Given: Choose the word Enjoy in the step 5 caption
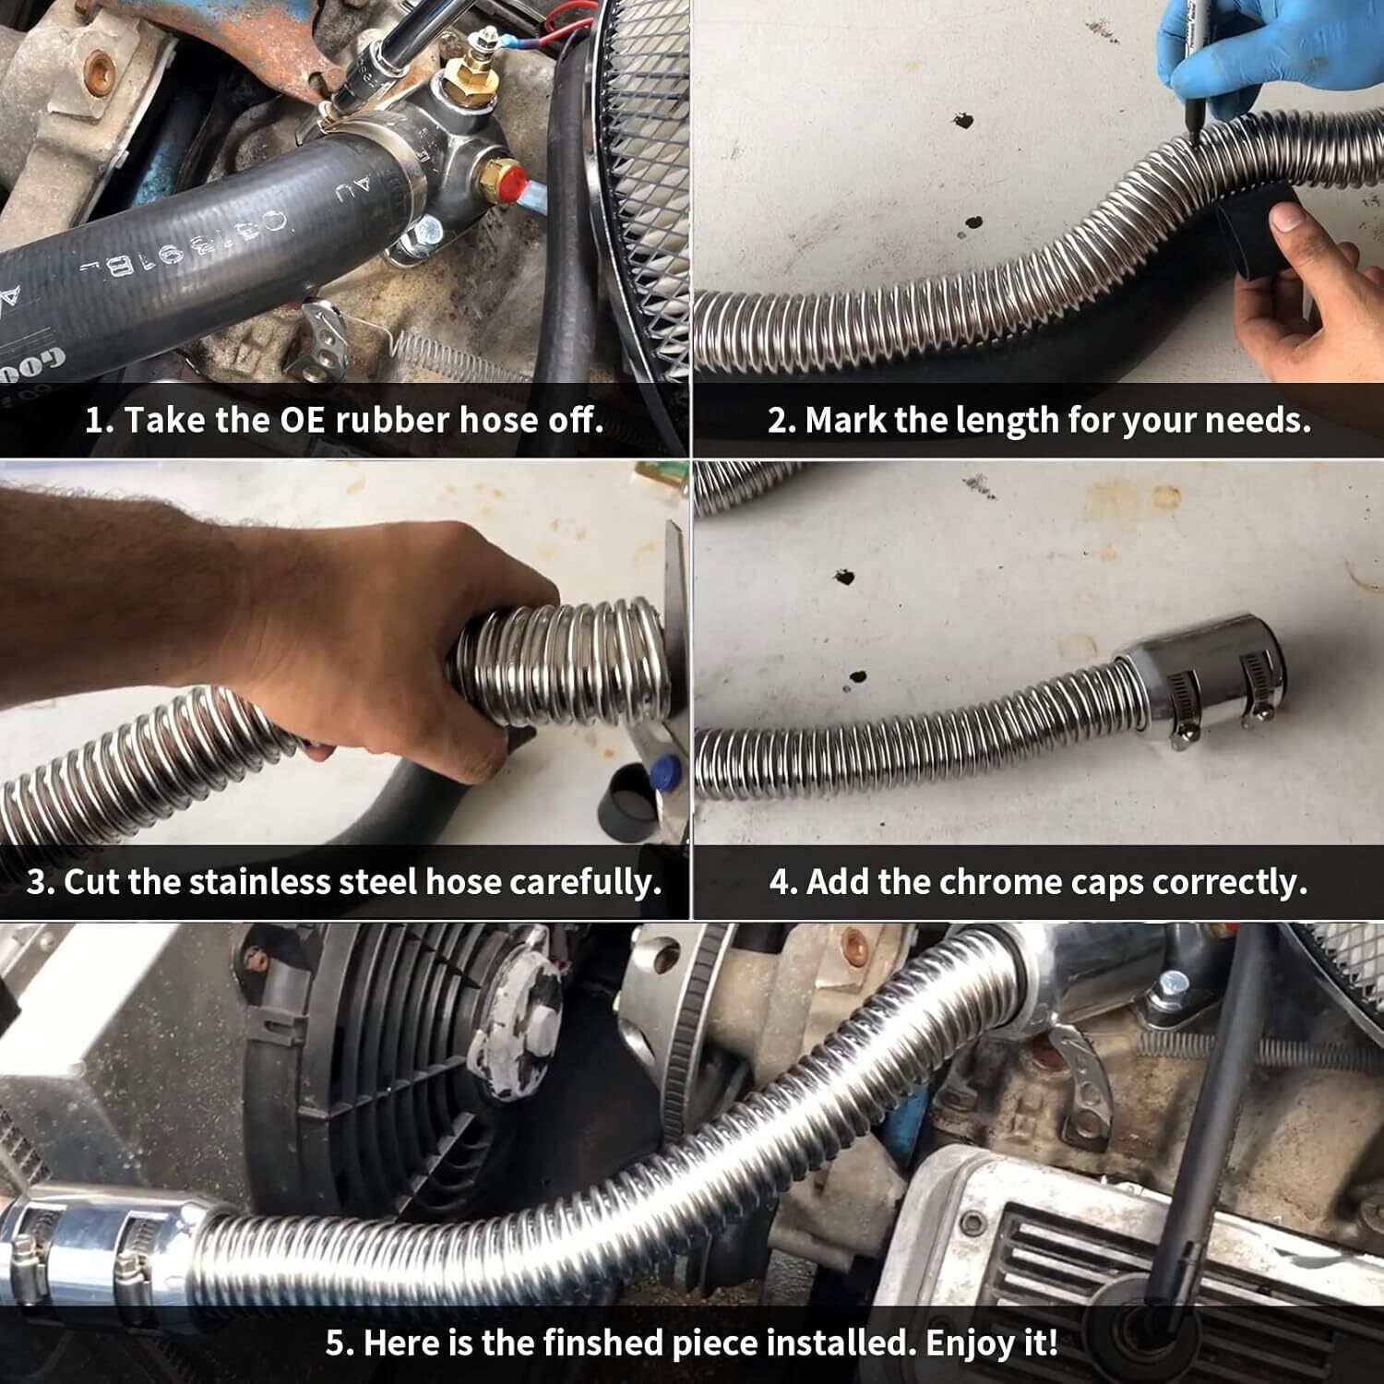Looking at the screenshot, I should [x=963, y=1342].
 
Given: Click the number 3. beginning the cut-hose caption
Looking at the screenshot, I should [x=41, y=882].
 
